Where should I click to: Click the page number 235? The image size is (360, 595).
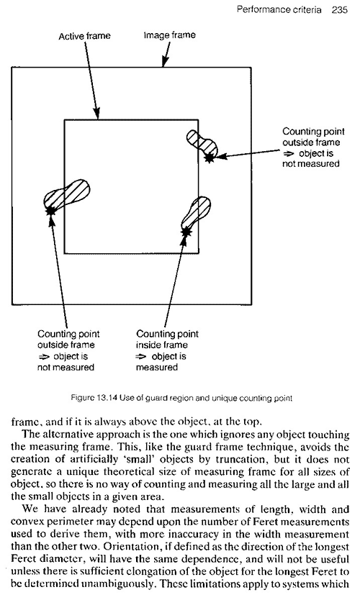click(x=339, y=9)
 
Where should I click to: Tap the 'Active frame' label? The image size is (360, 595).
click(x=84, y=36)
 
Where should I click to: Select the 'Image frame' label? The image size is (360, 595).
click(x=170, y=35)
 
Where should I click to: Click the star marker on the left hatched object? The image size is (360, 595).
click(x=50, y=210)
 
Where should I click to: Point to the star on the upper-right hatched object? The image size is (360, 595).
click(x=209, y=158)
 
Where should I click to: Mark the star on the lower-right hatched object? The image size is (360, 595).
click(x=186, y=231)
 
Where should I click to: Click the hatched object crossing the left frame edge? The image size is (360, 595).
click(x=67, y=195)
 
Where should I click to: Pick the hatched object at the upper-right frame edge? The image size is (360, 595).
click(x=202, y=143)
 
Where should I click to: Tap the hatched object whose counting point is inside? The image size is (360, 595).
click(x=197, y=215)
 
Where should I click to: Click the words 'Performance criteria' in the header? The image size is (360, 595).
click(x=279, y=9)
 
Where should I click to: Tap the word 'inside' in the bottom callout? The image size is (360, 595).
click(x=146, y=345)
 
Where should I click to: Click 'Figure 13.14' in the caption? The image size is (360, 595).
click(x=94, y=398)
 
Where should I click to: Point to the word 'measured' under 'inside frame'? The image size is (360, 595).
click(x=157, y=368)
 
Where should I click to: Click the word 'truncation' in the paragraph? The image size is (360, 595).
click(x=239, y=459)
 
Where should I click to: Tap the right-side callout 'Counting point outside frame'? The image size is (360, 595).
click(x=313, y=137)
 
